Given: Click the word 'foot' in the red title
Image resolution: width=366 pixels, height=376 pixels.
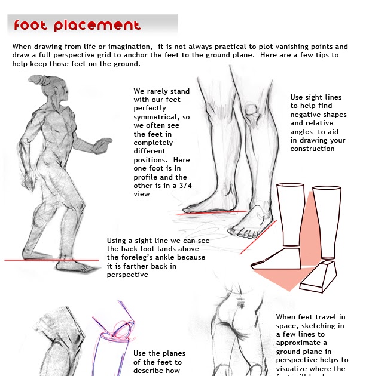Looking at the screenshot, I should click(31, 25).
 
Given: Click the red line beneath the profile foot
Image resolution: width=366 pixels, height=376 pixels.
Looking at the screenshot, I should click(212, 212).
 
